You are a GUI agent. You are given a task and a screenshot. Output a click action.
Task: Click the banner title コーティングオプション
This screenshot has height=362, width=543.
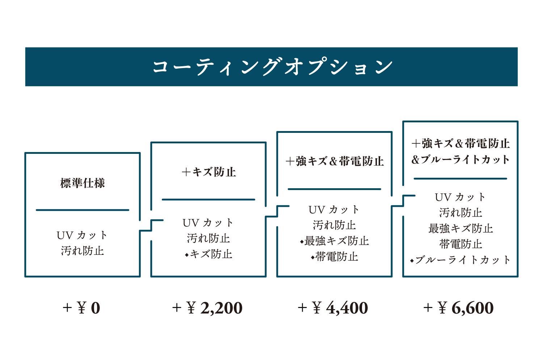[x=273, y=67]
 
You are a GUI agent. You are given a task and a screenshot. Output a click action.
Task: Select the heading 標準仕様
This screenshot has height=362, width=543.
[x=83, y=183]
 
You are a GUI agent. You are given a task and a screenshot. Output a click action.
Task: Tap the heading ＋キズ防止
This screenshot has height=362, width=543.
[x=209, y=172]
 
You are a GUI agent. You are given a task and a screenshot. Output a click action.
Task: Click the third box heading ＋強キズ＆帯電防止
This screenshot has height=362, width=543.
[x=334, y=161]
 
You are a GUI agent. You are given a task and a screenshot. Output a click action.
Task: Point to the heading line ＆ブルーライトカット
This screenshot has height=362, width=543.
[x=460, y=160]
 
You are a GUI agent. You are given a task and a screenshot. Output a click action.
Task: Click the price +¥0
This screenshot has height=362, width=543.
[x=81, y=308]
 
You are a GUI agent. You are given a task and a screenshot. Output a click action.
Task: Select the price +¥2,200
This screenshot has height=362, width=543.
[x=207, y=308]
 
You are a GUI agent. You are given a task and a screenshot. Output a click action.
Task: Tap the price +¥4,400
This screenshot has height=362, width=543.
[x=333, y=308]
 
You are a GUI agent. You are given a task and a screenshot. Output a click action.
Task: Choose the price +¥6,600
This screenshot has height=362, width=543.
[x=459, y=308]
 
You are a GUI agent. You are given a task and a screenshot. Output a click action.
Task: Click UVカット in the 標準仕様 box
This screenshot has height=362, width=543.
[x=82, y=235]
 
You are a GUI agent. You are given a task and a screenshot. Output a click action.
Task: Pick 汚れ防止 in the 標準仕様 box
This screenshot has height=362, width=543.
[x=83, y=251]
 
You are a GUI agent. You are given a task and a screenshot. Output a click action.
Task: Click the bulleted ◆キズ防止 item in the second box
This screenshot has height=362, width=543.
[x=209, y=254]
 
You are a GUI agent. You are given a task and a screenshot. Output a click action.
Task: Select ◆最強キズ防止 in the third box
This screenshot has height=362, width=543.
[x=334, y=241]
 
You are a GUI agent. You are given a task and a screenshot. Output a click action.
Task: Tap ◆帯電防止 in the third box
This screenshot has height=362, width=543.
[x=334, y=257]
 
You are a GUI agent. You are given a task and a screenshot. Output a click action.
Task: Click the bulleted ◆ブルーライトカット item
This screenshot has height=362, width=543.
[x=460, y=260]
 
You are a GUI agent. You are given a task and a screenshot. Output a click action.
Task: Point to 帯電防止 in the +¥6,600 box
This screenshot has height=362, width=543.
[x=460, y=244]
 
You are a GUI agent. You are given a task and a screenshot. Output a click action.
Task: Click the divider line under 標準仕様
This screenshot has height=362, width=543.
[x=83, y=210]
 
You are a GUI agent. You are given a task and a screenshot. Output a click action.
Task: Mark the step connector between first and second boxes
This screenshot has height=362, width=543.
[x=151, y=226]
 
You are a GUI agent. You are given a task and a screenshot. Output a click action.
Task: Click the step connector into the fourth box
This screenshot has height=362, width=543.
[x=403, y=201]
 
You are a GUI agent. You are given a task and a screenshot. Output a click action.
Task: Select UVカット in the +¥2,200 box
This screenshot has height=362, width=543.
[x=208, y=223]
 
